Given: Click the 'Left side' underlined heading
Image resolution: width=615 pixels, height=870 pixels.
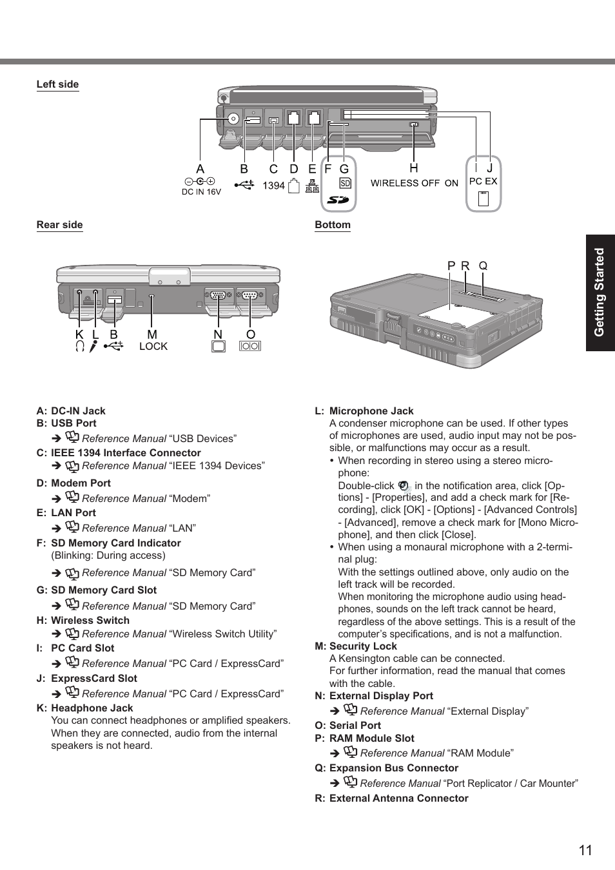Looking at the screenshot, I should pos(57,84).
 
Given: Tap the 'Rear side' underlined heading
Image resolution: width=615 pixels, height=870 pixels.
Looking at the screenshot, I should pos(59,225).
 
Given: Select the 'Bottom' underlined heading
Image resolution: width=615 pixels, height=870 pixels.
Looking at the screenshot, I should pos(333,225).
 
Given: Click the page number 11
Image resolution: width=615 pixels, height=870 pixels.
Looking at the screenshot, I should pos(585,850).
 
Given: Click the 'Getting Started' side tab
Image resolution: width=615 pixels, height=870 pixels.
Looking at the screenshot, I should pos(600,293).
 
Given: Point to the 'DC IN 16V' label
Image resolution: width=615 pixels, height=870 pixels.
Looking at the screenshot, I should pos(201,192).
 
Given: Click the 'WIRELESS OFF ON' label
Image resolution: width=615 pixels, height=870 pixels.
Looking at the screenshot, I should pos(414,183).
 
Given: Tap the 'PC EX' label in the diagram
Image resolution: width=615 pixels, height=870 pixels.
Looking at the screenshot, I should pos(483,181).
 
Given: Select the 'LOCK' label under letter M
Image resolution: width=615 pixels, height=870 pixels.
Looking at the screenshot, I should pos(153,346).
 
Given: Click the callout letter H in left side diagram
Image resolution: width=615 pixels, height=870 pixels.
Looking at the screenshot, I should pos(414,168).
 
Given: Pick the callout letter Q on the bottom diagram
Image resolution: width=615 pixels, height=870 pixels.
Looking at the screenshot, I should pos(483,266).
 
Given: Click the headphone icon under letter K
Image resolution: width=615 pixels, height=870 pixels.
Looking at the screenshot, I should pos(79,347).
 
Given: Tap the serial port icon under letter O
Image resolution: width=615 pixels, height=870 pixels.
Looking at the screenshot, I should pos(250,347).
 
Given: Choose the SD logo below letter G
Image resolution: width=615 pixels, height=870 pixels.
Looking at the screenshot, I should pos(338,200).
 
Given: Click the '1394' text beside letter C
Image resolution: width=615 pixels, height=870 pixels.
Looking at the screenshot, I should pos(273,186).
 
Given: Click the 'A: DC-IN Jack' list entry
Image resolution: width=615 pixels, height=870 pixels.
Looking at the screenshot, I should pos(71,411).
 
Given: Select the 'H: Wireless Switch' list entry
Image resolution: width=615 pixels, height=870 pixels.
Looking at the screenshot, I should pos(83,621).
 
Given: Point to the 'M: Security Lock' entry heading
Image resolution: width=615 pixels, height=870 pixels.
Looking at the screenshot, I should pos(356,646).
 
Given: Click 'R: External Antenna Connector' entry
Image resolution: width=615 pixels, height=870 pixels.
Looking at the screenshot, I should pos(391,798).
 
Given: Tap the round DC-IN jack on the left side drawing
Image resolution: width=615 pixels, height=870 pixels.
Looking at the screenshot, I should pos(233,119).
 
